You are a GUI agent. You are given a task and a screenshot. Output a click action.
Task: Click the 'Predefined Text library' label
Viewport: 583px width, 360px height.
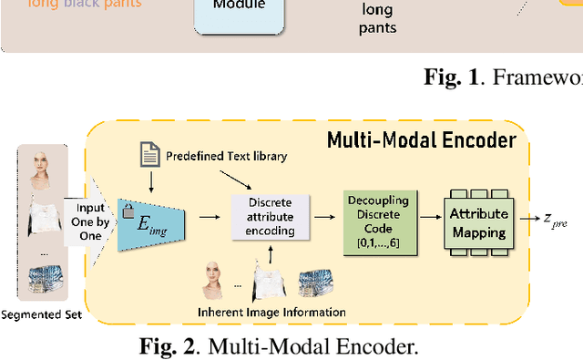[x=226, y=157]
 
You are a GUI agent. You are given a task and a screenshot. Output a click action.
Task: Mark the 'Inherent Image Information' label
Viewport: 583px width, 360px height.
[x=271, y=313]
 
